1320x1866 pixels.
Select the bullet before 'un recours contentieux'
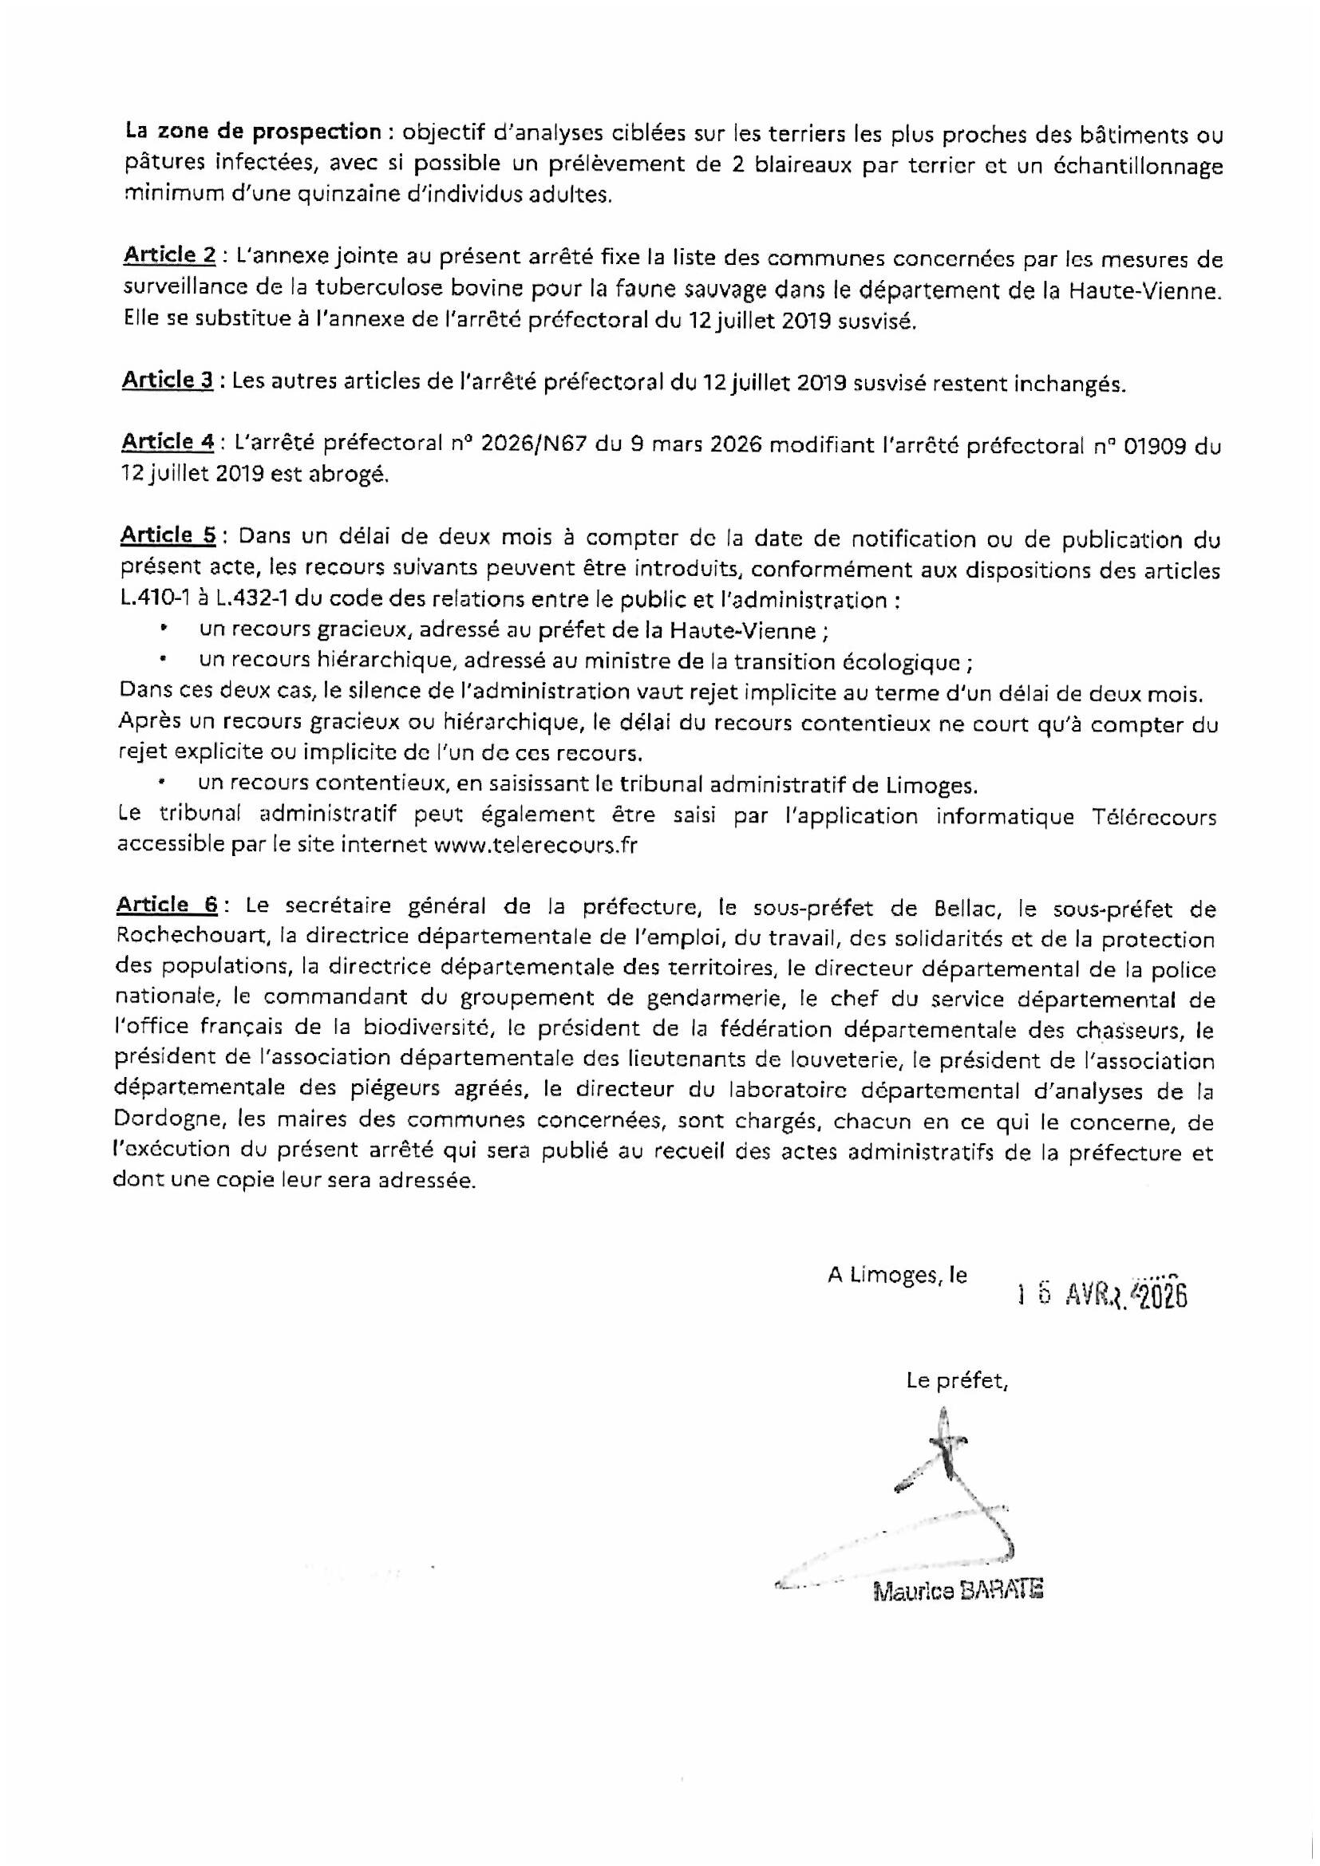(164, 784)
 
